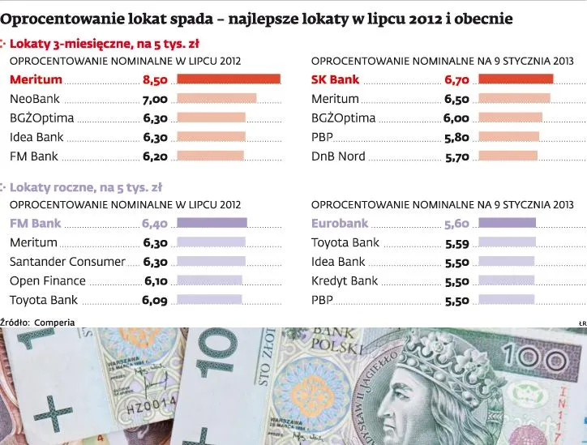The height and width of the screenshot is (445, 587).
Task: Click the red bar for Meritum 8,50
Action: click(228, 79)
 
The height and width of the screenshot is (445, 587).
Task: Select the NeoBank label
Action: click(35, 99)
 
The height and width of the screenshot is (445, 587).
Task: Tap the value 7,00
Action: click(155, 99)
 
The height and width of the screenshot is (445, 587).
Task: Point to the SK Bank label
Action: click(335, 80)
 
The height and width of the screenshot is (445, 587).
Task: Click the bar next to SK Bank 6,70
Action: click(516, 79)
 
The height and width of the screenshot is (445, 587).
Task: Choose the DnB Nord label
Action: click(338, 156)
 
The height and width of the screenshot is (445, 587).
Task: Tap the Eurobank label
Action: click(339, 223)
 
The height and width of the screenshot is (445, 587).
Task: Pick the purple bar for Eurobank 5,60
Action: click(507, 223)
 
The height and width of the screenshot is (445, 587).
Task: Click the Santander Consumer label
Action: click(67, 262)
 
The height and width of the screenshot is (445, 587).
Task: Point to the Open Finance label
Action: click(47, 281)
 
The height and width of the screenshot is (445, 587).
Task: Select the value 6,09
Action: click(155, 301)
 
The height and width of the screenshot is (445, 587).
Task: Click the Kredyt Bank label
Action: click(345, 281)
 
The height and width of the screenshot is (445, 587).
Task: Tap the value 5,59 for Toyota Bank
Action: click(456, 242)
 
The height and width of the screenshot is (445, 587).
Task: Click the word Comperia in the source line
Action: click(54, 322)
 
